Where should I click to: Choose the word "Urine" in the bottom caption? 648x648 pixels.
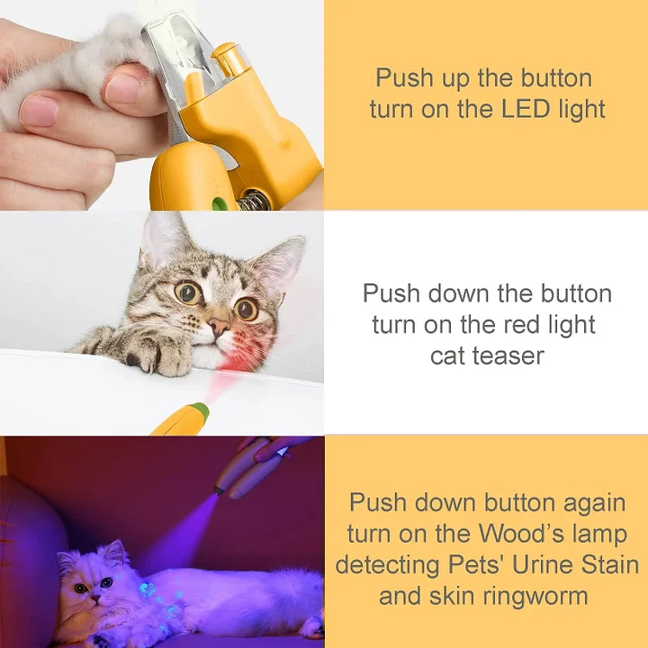click(x=541, y=564)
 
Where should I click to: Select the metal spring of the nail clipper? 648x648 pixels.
click(x=255, y=198)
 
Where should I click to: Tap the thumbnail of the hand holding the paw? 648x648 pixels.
click(x=38, y=111)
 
